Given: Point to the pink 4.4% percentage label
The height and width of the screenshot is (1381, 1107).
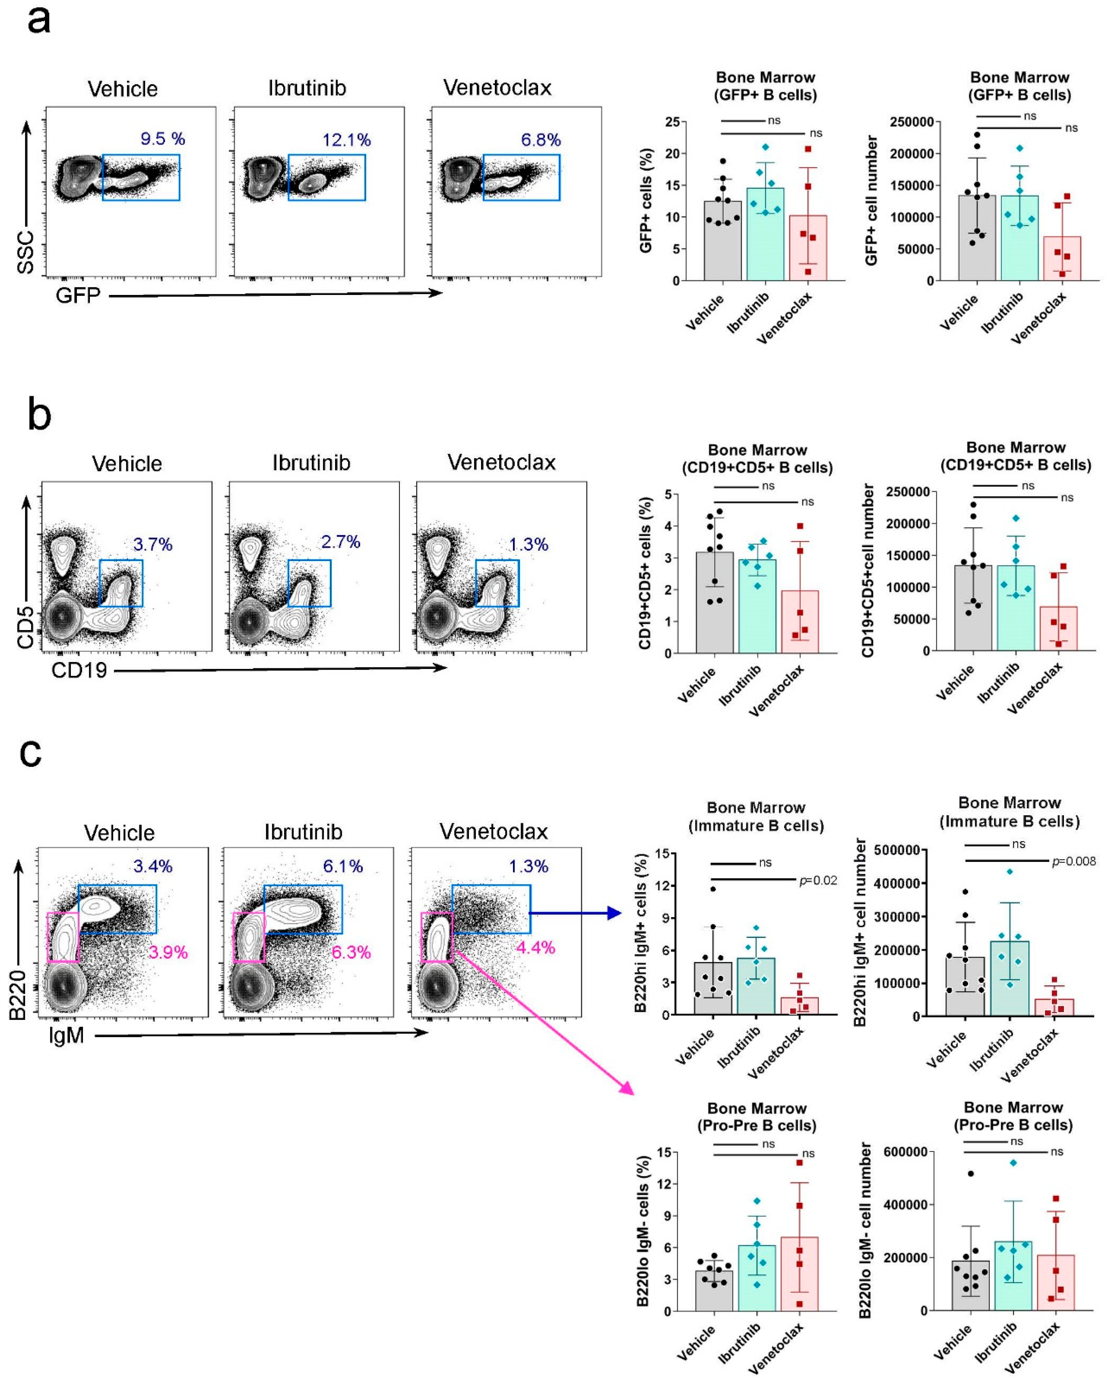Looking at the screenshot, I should click(x=535, y=947).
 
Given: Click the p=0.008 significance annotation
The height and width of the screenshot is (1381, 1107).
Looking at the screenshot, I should click(x=1073, y=861).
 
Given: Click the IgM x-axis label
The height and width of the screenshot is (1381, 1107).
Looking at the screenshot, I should click(x=67, y=1035).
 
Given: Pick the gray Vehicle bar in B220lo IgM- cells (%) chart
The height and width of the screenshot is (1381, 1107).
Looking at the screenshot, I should click(x=714, y=1291).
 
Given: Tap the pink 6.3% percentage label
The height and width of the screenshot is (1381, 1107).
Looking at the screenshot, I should click(x=351, y=953).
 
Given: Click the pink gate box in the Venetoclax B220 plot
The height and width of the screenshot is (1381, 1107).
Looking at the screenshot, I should click(x=436, y=937).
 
